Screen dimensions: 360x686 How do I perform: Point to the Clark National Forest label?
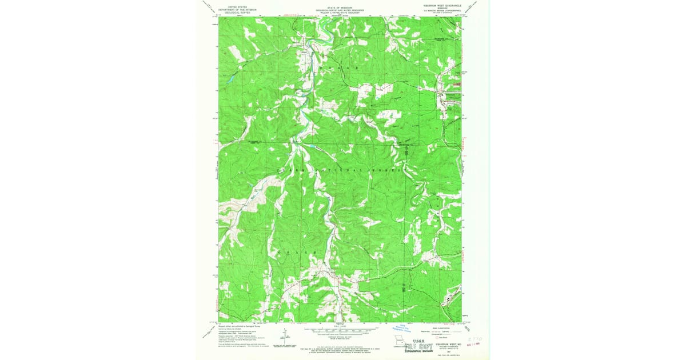tap(340, 170)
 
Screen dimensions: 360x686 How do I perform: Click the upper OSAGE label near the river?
tap(341, 69)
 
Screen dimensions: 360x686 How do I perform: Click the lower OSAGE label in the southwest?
tap(297, 252)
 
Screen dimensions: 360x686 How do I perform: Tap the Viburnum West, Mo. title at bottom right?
tap(446, 344)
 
